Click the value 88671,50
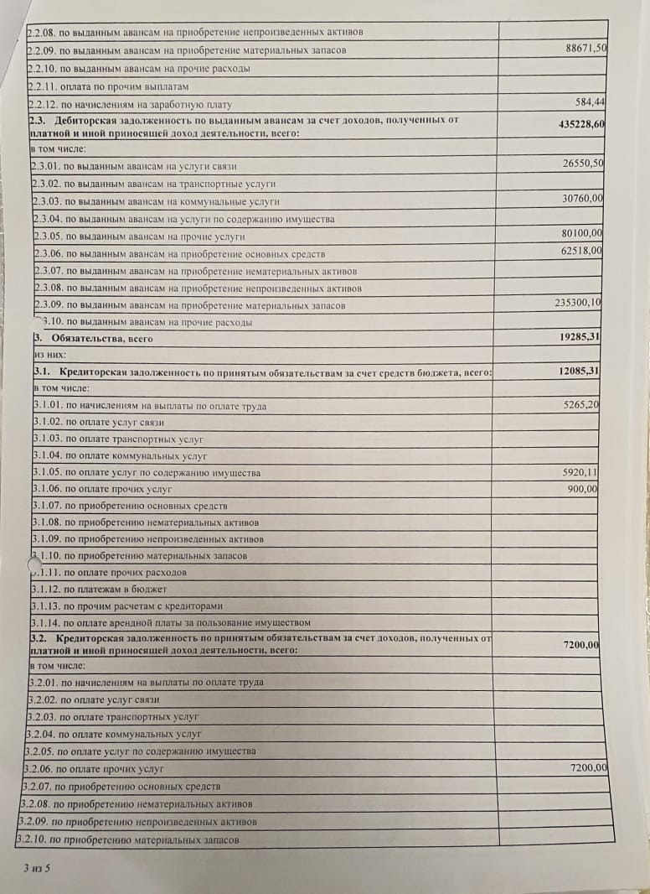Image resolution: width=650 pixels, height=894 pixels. pyautogui.click(x=586, y=49)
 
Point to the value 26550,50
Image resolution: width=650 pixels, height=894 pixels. pyautogui.click(x=583, y=164)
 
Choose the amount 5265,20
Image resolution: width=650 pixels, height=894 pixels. pyautogui.click(x=580, y=404)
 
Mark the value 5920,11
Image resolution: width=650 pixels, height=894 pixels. pyautogui.click(x=580, y=472)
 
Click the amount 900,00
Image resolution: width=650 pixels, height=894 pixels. pyautogui.click(x=583, y=489)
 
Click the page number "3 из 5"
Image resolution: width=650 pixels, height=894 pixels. pyautogui.click(x=38, y=867)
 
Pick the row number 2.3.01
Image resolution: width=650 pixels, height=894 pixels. pyautogui.click(x=46, y=166)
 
